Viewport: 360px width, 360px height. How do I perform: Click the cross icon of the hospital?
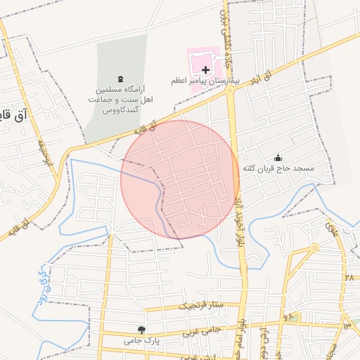[205, 70]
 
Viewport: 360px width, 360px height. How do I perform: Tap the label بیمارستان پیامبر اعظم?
[205, 82]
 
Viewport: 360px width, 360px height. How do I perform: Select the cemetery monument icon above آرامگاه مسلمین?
[120, 79]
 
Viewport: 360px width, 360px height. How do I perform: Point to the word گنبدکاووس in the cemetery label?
[120, 111]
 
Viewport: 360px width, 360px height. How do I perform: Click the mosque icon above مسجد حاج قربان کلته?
[278, 157]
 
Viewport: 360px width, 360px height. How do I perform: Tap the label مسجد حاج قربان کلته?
[279, 169]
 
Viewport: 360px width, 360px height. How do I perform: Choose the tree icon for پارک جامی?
[141, 329]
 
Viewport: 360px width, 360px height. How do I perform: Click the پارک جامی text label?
[139, 340]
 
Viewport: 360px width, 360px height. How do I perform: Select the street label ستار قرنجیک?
[200, 306]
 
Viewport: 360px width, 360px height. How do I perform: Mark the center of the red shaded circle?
[180, 179]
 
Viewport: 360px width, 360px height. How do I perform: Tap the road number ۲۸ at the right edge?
[349, 278]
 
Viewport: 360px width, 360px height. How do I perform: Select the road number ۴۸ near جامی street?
[289, 318]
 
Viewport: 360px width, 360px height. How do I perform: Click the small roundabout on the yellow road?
[314, 247]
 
